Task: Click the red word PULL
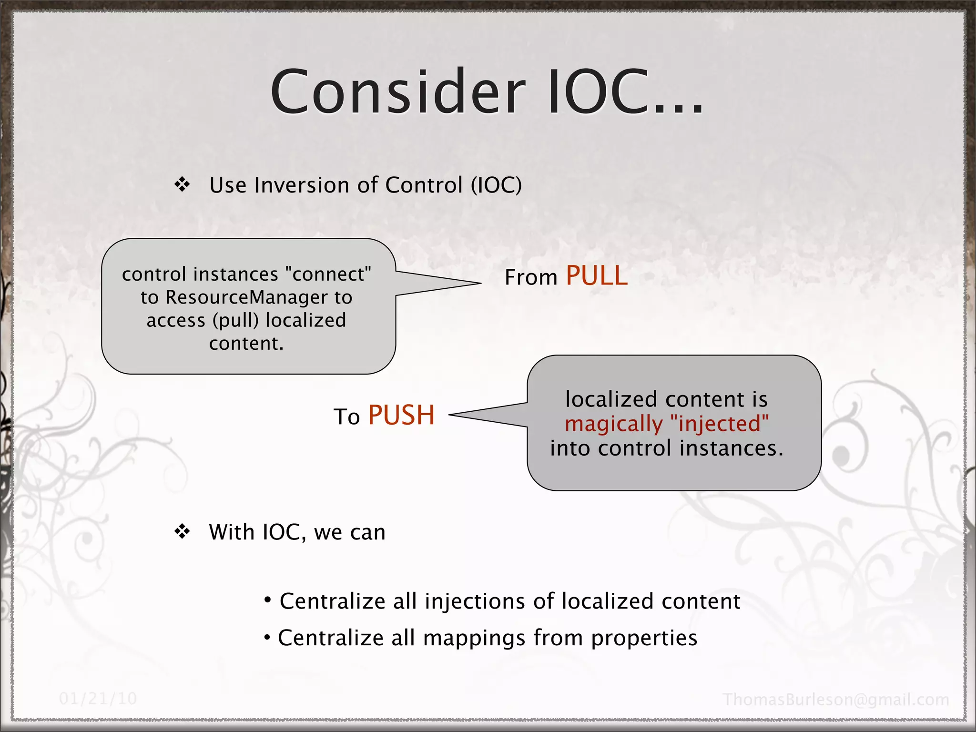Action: pos(597,276)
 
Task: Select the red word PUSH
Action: pos(401,415)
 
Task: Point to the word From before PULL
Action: pos(531,278)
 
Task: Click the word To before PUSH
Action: pos(346,417)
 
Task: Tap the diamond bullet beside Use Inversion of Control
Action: pos(182,184)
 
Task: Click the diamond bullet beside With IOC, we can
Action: pos(182,531)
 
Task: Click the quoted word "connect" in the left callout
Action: pos(328,274)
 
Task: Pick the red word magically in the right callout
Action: pos(613,424)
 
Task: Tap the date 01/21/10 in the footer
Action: pos(98,699)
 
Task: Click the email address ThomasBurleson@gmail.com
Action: pos(836,700)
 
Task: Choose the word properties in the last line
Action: pos(644,638)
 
